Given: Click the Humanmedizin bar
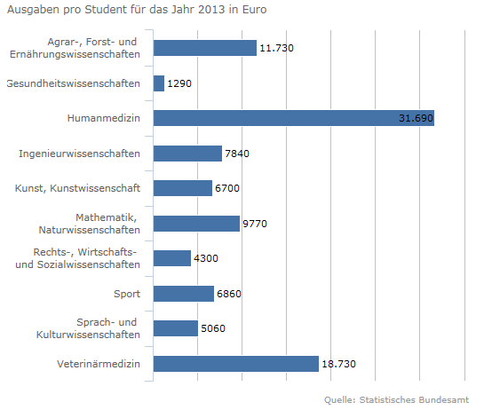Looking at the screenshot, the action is [294, 118].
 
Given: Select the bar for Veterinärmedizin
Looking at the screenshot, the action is [236, 364].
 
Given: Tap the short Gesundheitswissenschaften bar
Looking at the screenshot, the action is [159, 83].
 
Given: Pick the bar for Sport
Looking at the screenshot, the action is [184, 294].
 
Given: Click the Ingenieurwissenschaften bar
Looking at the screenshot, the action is [187, 154].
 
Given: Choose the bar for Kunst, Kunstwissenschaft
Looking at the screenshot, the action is [183, 188].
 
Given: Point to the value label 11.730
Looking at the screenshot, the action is [276, 48].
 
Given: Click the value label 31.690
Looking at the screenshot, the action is [416, 118].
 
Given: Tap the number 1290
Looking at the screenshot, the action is [179, 83].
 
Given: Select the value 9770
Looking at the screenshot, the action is [255, 224].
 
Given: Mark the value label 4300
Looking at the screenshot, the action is [206, 258].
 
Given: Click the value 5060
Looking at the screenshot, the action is [213, 328].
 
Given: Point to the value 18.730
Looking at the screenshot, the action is [338, 364].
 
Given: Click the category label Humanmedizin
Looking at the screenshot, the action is [104, 118].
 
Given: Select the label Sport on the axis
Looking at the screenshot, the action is [127, 294].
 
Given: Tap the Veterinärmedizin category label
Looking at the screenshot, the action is [99, 364].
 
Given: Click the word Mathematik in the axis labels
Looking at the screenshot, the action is [106, 217].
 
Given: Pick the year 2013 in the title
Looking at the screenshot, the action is [211, 10].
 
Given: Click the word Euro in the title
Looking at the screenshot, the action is [254, 10].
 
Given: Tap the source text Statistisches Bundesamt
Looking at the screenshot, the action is [414, 400].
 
